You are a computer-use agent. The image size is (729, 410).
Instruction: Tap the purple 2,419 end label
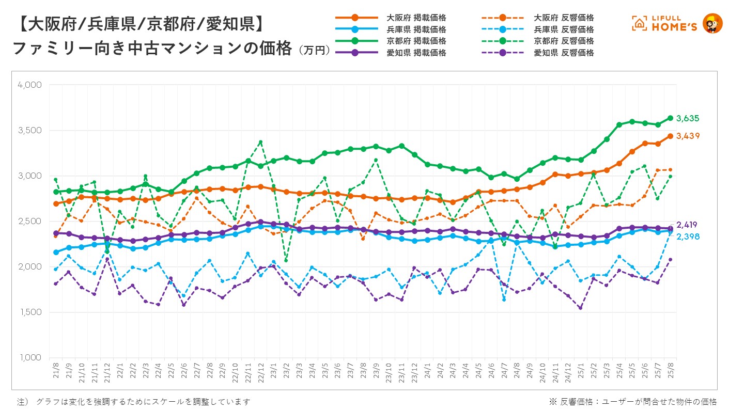tap(687, 225)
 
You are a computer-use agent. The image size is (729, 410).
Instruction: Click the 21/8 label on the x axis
tap(56, 372)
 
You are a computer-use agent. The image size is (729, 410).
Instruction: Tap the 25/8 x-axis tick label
tap(671, 372)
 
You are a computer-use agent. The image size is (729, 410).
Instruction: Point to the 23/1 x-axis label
tap(273, 372)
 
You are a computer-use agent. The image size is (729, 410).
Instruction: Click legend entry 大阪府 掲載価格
tap(416, 18)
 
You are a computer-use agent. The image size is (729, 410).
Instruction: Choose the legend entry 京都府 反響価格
tap(564, 41)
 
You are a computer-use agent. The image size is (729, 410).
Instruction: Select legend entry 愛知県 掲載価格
tap(416, 53)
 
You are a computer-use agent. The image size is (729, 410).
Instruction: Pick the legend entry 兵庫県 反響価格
tap(564, 29)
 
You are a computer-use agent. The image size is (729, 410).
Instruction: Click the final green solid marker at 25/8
tap(671, 118)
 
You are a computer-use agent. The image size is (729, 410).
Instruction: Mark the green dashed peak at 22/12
tap(260, 142)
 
